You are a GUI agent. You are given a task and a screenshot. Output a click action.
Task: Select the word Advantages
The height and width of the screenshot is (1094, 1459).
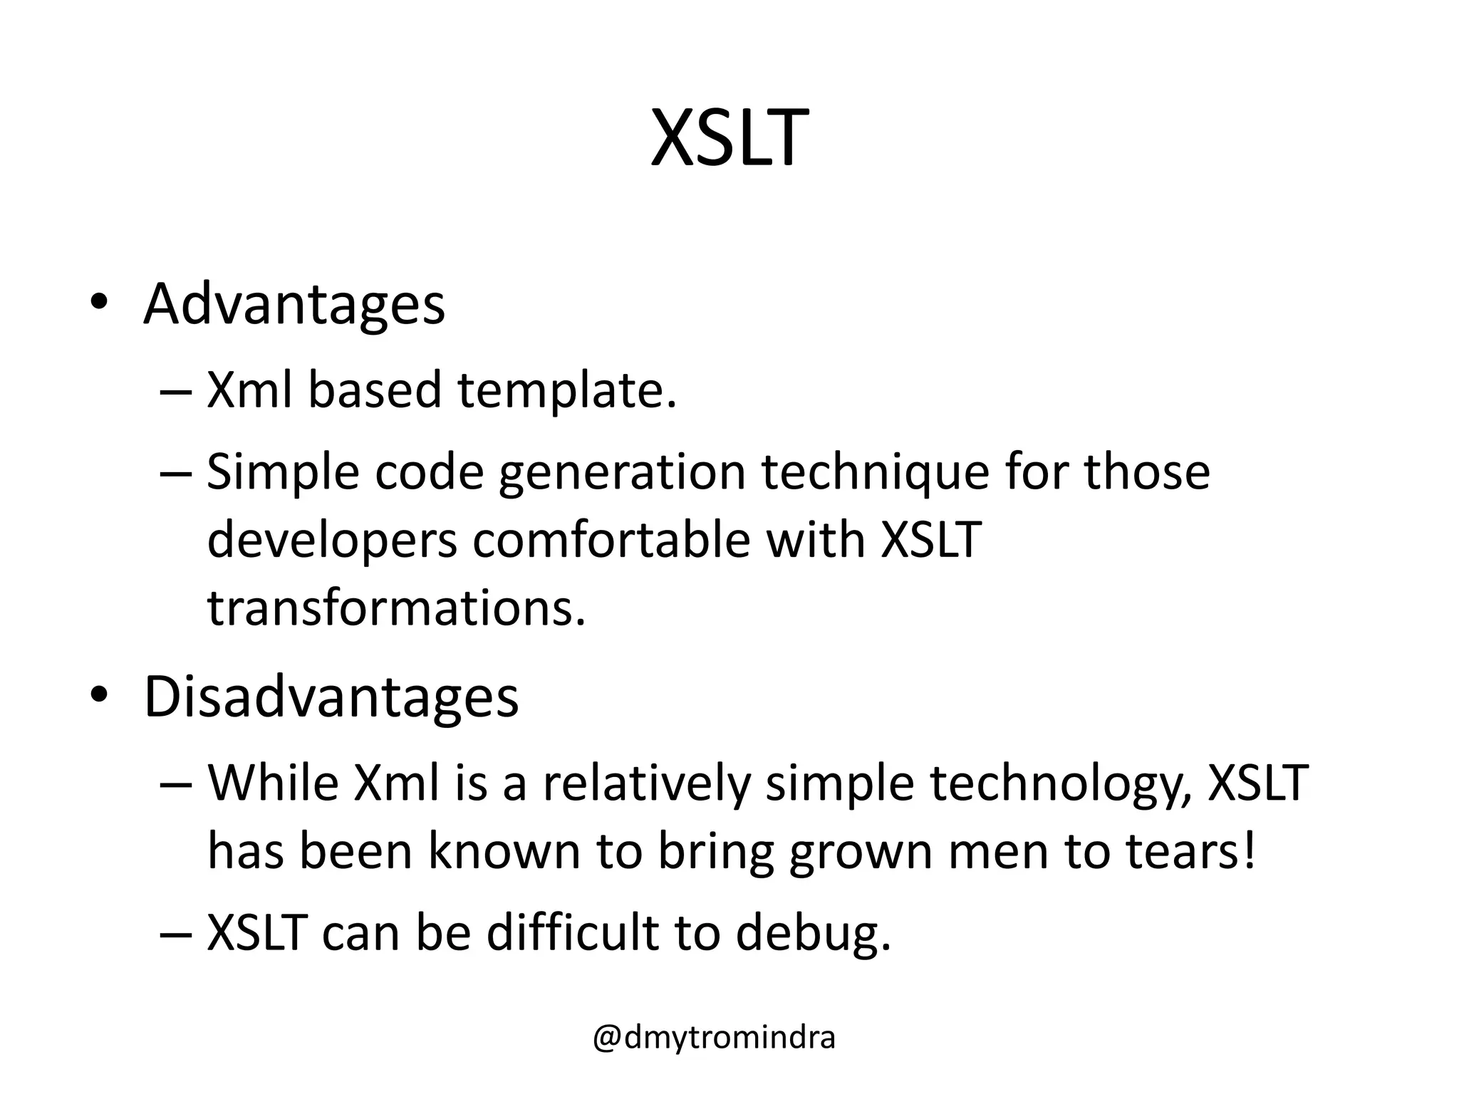click(294, 305)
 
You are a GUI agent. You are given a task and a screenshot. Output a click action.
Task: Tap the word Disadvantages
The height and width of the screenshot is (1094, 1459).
click(331, 697)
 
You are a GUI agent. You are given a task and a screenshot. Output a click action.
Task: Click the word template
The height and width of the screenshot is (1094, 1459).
click(566, 391)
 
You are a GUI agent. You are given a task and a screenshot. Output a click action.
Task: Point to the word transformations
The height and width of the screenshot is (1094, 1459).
click(396, 609)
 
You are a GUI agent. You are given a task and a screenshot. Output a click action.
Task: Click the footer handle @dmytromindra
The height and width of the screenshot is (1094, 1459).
click(714, 1038)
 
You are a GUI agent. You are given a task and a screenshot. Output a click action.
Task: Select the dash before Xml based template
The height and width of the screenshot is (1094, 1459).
click(176, 392)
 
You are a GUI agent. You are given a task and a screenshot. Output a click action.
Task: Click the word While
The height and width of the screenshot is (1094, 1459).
click(273, 783)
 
